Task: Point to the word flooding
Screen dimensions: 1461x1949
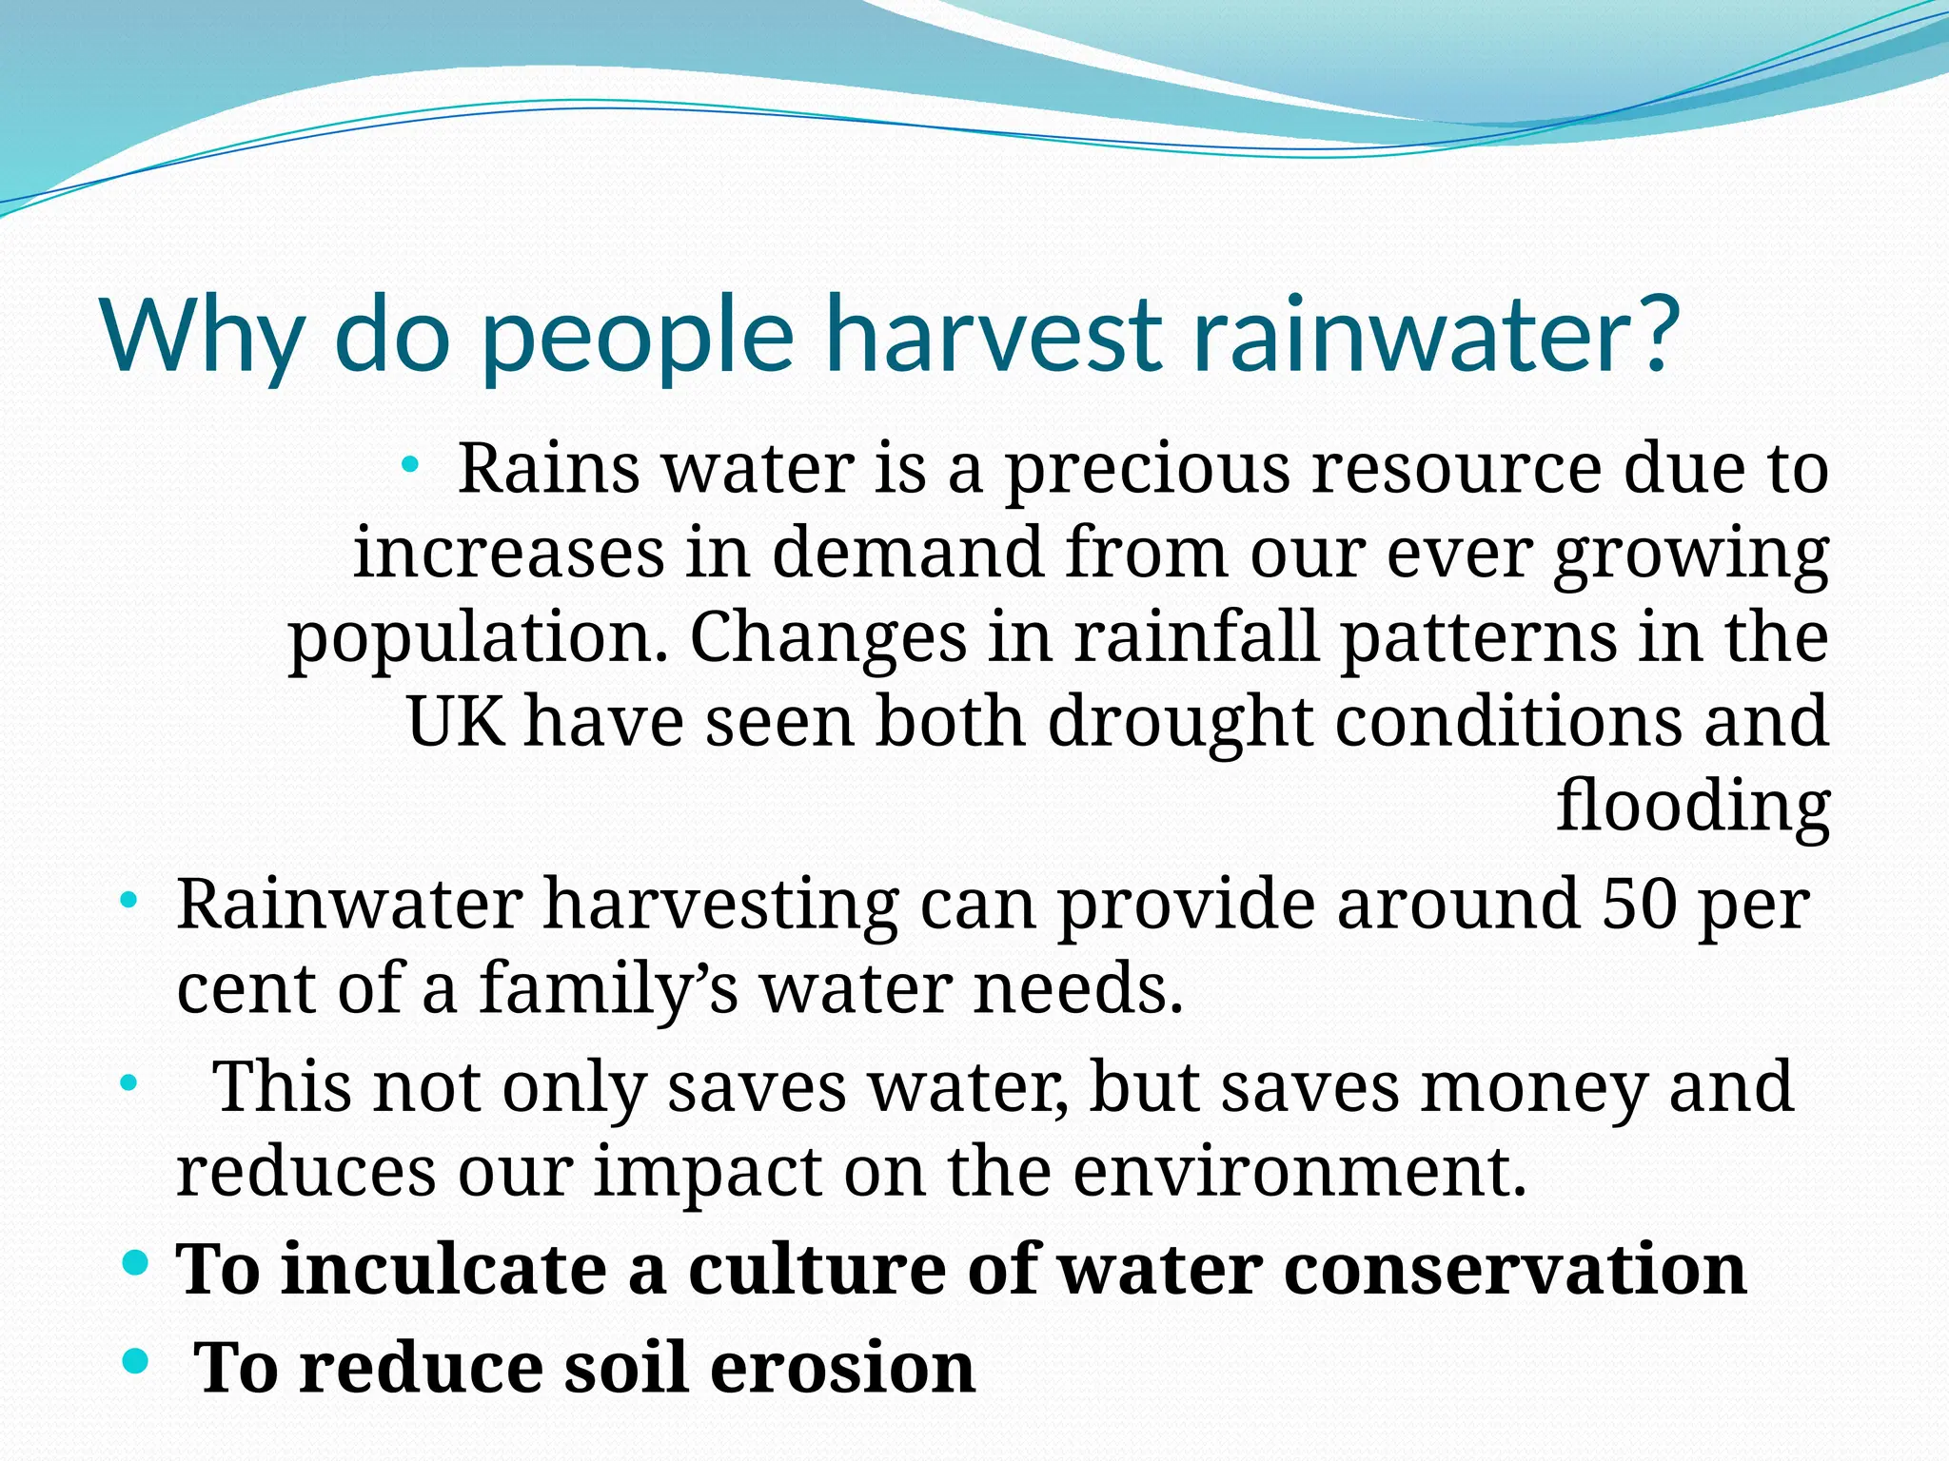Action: pos(1693,808)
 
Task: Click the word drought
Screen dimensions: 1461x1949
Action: pos(1180,723)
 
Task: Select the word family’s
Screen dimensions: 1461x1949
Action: pos(609,989)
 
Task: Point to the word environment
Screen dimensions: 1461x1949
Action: pos(1300,1171)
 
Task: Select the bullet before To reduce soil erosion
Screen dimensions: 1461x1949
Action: pos(137,1361)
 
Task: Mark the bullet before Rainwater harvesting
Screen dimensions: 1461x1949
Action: pos(128,900)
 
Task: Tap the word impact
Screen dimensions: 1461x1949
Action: pos(708,1172)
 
